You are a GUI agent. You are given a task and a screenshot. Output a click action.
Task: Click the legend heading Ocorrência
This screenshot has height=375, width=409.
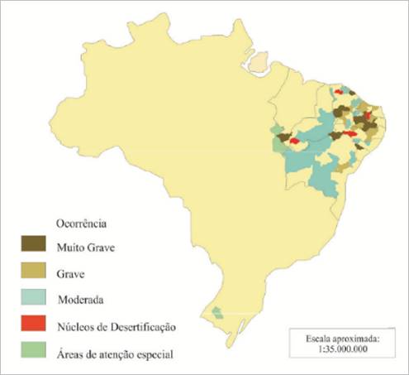[x=82, y=223]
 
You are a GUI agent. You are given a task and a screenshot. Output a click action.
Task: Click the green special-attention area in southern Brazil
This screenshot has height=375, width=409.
[x=217, y=312]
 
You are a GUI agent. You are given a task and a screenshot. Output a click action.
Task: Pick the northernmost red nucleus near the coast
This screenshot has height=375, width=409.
[x=338, y=92]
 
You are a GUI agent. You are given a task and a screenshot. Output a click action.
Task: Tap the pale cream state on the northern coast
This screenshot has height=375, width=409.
[x=261, y=61]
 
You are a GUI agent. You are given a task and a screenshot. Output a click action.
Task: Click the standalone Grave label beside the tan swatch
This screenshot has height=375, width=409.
[x=74, y=273]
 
